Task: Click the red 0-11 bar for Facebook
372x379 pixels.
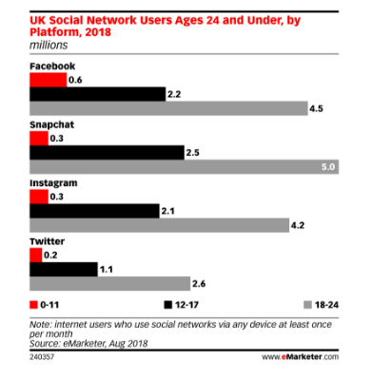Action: point(48,81)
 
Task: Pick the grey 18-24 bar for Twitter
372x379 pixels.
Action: point(108,283)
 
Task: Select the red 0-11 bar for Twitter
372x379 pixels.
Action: point(36,256)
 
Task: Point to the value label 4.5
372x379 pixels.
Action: point(315,108)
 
